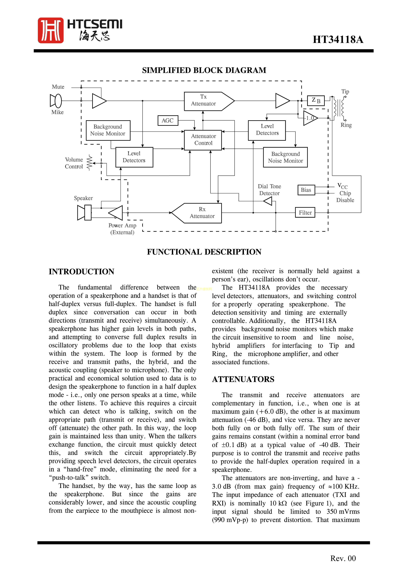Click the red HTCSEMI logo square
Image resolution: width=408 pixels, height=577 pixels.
[x=51, y=30]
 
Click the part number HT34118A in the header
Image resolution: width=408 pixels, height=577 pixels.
[x=338, y=40]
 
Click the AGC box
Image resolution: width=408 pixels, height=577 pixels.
[x=168, y=121]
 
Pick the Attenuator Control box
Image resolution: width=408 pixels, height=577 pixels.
[x=203, y=140]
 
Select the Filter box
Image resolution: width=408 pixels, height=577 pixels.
[x=305, y=213]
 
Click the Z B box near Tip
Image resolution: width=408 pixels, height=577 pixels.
[x=316, y=100]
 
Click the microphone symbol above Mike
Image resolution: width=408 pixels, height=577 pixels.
[x=56, y=101]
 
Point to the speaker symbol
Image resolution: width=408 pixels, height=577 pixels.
[x=84, y=213]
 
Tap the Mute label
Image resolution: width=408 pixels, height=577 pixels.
[x=58, y=87]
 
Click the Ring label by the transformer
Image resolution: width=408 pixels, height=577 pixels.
[x=346, y=125]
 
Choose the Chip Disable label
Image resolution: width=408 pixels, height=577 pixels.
[x=345, y=197]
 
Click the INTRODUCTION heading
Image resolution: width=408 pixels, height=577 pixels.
[x=81, y=272]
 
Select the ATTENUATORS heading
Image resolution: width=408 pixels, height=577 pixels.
[x=243, y=379]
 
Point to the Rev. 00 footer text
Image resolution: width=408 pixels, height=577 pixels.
[x=343, y=558]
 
